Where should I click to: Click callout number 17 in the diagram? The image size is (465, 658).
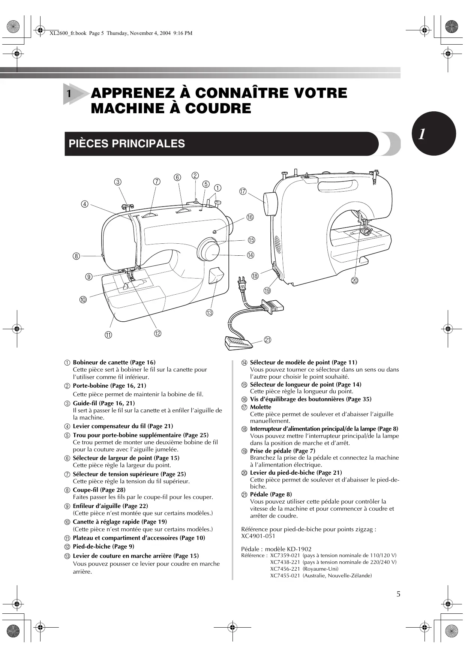(x=243, y=192)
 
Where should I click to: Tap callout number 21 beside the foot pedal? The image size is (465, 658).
(x=267, y=340)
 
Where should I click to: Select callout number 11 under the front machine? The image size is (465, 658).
(x=108, y=335)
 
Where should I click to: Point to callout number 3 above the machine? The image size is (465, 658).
(x=118, y=182)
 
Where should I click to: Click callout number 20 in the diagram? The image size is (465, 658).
(x=354, y=280)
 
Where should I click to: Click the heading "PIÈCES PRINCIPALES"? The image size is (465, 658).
(x=127, y=144)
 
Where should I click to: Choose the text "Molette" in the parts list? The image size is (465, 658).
(x=260, y=407)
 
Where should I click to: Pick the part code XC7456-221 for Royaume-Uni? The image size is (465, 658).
(x=285, y=569)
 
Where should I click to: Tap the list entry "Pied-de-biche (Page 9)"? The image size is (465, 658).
(x=103, y=547)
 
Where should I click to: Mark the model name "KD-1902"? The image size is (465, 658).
(x=299, y=549)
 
